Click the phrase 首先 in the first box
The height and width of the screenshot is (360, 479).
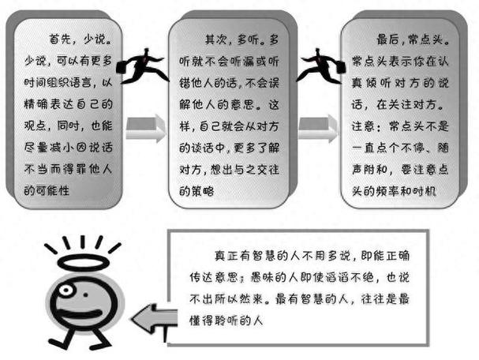(61, 39)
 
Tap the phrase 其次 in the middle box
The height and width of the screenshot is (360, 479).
(215, 39)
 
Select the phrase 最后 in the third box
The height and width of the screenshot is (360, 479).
(387, 39)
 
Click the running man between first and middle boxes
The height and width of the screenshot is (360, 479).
(142, 66)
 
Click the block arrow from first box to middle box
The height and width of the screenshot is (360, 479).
(146, 129)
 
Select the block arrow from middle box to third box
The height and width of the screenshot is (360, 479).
(318, 129)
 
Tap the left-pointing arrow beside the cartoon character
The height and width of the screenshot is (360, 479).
(155, 319)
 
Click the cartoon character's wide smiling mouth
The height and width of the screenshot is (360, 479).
(81, 314)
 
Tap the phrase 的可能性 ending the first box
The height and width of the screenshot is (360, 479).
(47, 191)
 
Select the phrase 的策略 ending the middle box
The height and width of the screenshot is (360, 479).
(196, 191)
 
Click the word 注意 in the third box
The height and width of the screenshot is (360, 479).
(363, 126)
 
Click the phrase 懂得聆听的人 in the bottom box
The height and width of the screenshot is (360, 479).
(226, 321)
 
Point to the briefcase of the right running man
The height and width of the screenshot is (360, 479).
(340, 66)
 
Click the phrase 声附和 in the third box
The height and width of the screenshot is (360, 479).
(369, 170)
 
